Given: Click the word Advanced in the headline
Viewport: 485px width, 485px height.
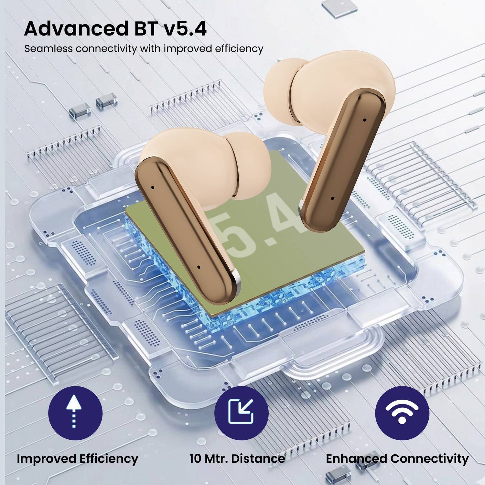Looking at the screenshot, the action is [x=77, y=28].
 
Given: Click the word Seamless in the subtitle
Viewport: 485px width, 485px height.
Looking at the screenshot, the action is [x=48, y=49].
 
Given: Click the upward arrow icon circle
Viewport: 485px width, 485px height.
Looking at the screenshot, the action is [x=75, y=413].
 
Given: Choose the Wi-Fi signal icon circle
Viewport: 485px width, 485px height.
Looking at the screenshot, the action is [x=402, y=413].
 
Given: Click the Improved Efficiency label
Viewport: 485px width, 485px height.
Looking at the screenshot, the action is [x=77, y=459].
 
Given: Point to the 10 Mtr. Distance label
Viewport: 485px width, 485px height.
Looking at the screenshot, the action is [x=237, y=458].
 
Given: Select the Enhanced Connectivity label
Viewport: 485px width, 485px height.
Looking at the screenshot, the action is [x=397, y=459].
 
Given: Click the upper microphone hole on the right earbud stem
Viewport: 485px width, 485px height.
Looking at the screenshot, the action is [x=364, y=120].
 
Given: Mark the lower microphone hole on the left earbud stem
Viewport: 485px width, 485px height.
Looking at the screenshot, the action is [x=199, y=267].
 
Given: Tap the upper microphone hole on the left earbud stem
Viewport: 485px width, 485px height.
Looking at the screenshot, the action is [x=153, y=187].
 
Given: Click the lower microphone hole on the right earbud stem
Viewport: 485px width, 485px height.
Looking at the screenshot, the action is [x=332, y=198].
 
